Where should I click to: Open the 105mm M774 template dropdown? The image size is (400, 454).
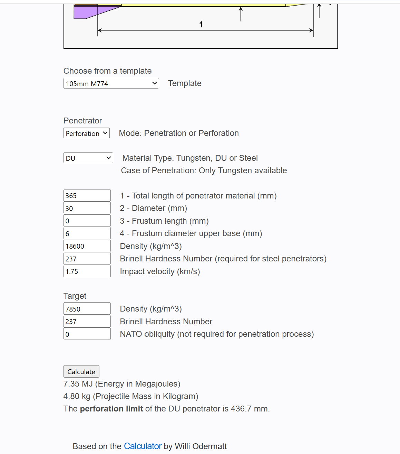point(111,83)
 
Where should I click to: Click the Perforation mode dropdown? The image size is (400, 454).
point(86,133)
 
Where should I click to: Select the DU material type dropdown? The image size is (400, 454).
point(88,158)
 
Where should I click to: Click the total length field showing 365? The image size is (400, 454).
point(87,195)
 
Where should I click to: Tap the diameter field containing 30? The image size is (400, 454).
point(87,208)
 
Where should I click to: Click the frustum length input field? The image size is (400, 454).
point(87,221)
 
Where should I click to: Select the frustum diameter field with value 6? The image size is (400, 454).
point(87,233)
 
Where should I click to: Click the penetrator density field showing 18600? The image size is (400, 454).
point(87,246)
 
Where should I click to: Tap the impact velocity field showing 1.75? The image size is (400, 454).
point(87,271)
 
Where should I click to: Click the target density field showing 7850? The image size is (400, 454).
point(87,309)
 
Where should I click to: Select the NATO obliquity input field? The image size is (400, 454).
point(87,334)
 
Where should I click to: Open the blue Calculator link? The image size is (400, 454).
point(143,446)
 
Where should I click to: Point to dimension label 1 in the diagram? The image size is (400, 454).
point(201,25)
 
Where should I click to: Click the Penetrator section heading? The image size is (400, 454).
point(82,121)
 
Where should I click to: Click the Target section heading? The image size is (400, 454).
point(75,296)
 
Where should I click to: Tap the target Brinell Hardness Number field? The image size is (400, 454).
point(87,321)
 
